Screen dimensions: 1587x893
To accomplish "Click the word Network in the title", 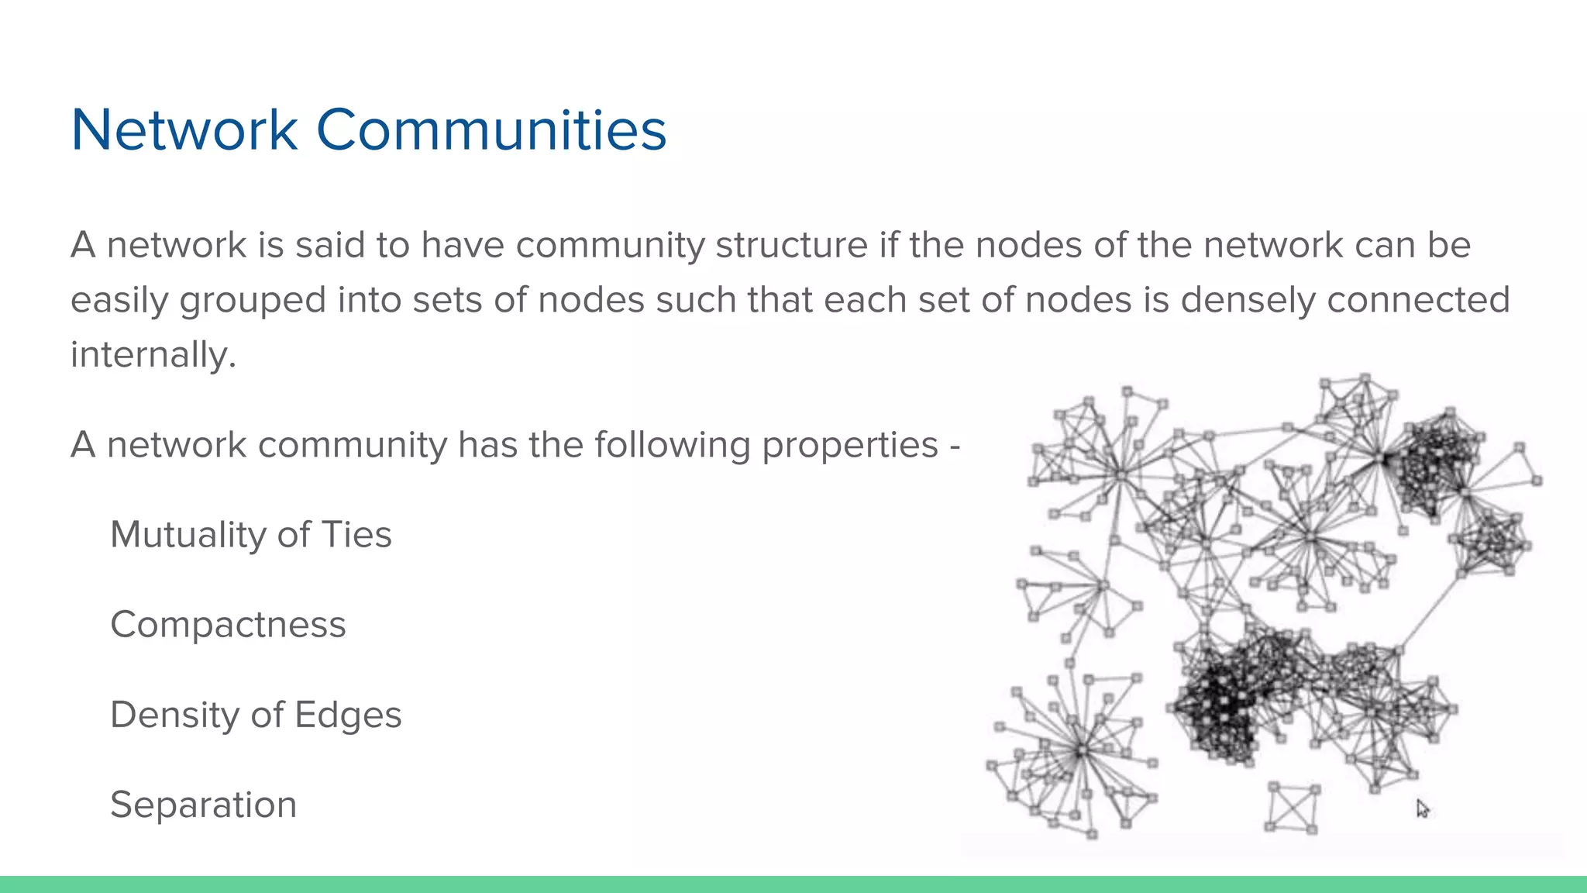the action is (x=184, y=129).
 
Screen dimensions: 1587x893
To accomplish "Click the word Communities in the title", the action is (x=491, y=129).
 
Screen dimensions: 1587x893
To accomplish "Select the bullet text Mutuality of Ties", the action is (x=251, y=535).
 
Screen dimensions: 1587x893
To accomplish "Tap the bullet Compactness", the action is (x=228, y=625).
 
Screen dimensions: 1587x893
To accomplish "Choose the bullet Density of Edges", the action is (x=256, y=715).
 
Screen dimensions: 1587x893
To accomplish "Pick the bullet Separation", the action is (x=203, y=805).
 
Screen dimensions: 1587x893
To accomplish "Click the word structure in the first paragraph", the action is (x=791, y=246).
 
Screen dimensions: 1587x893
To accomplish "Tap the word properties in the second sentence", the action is (x=850, y=446).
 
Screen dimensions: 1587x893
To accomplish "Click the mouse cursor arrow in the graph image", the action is (x=1422, y=809).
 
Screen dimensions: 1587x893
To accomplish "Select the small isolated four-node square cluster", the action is (x=1292, y=808).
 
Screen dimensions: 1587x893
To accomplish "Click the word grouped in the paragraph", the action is (x=253, y=301).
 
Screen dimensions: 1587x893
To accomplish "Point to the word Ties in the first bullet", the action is (x=356, y=535).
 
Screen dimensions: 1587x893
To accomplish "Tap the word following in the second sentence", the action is (x=672, y=446).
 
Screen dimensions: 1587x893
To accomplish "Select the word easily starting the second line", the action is (x=119, y=301).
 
